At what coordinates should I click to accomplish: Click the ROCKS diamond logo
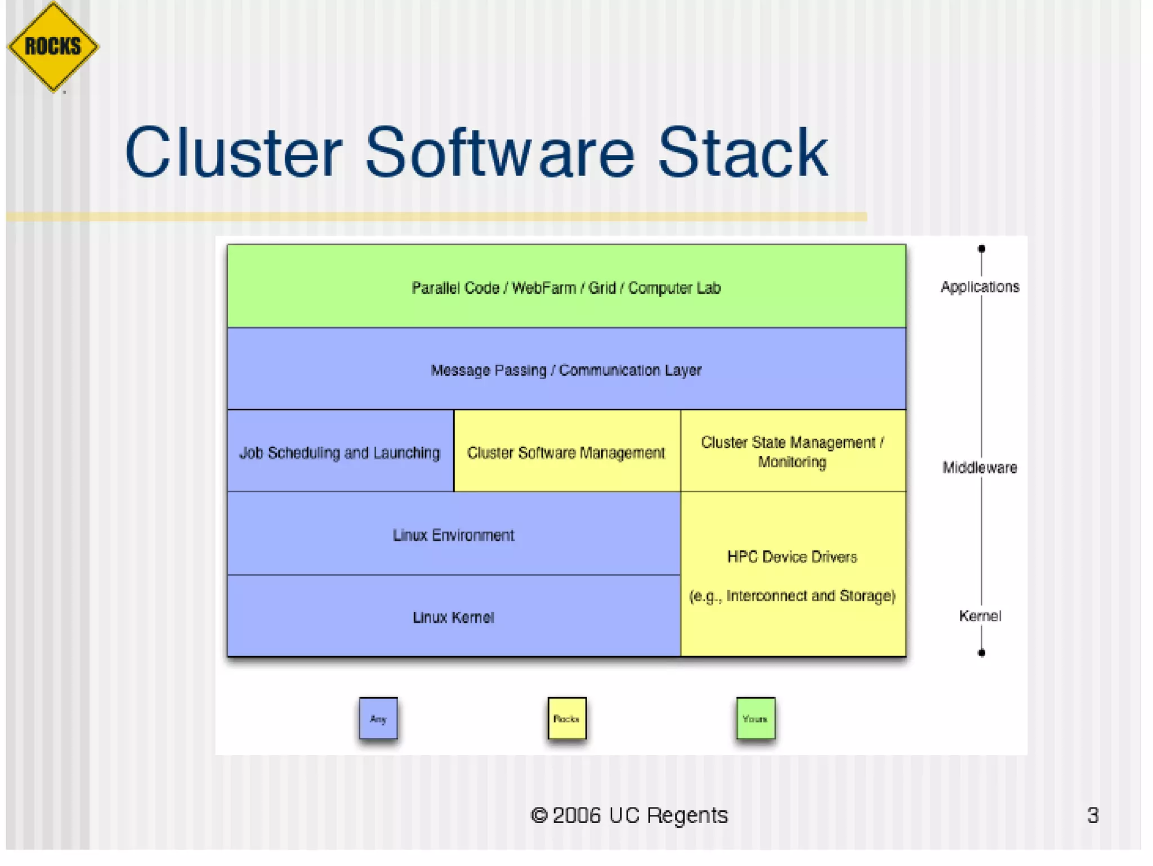pos(53,46)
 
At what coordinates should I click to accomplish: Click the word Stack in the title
pos(743,153)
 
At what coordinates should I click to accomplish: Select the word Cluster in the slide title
pos(233,153)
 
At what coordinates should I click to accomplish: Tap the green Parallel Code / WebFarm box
pos(566,286)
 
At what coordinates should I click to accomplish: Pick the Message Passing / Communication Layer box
pos(566,369)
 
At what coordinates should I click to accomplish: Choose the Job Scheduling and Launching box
pos(340,452)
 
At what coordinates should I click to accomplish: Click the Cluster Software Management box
pos(566,452)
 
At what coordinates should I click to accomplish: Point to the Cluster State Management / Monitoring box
pos(793,451)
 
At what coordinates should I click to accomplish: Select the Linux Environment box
pos(454,534)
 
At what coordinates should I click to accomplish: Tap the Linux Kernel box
pos(454,617)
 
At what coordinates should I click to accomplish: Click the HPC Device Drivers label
pos(792,557)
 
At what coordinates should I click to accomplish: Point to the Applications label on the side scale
pos(980,287)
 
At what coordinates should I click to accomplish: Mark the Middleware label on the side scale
pos(980,468)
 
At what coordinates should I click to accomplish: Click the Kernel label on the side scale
pos(980,616)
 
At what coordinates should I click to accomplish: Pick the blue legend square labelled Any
pos(378,719)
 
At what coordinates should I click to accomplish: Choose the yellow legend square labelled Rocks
pos(567,719)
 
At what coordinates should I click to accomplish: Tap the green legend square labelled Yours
pos(756,719)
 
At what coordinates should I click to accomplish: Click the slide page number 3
pos(1093,815)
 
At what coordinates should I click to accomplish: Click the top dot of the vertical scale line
pos(981,249)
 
